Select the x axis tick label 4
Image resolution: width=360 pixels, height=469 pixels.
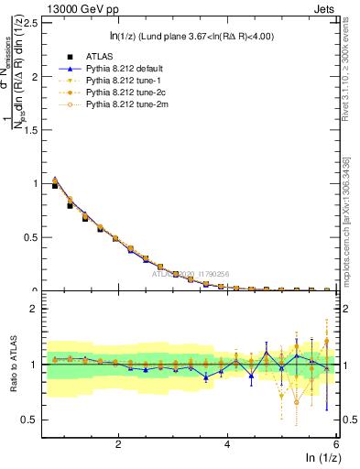tap(227, 444)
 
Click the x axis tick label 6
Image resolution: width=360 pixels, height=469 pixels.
tap(336, 444)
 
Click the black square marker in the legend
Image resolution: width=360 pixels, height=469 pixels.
tap(56, 56)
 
